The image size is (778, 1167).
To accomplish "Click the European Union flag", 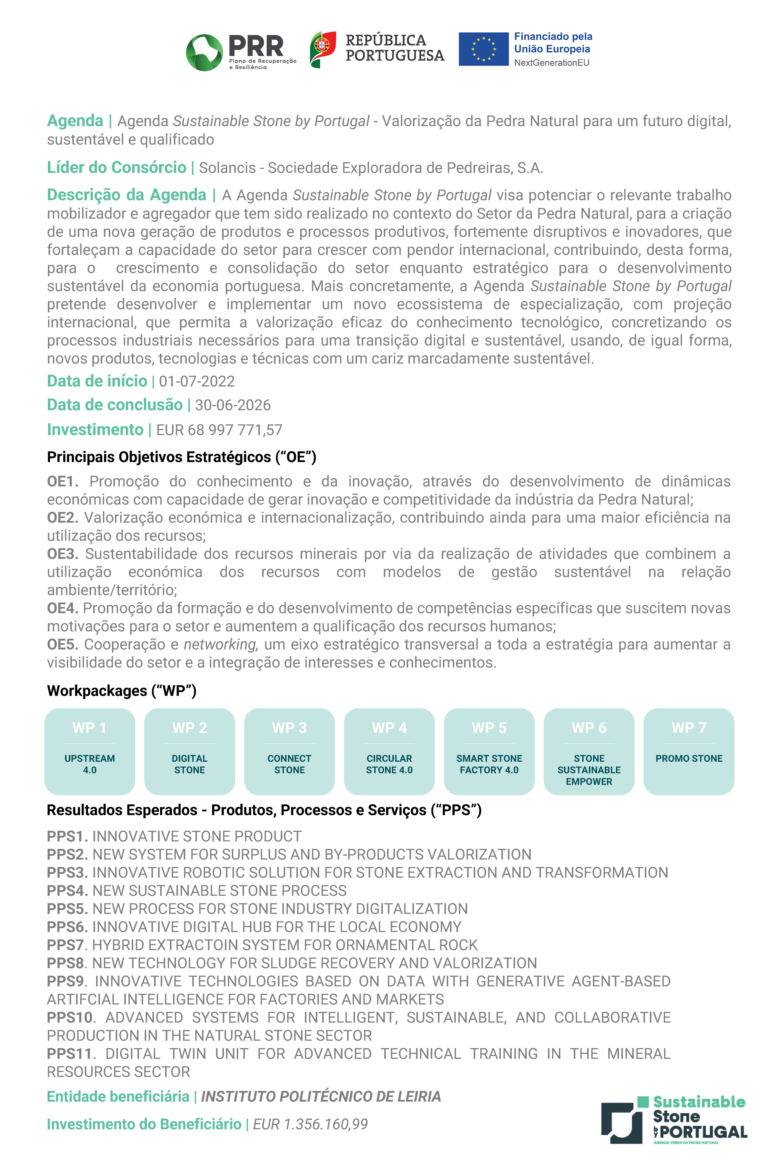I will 483,49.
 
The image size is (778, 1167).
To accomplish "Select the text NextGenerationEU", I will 551,63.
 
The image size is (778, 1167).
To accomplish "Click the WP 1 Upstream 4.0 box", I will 90,751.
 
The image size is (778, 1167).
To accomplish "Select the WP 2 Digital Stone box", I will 190,751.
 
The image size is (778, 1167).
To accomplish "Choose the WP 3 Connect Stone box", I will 289,751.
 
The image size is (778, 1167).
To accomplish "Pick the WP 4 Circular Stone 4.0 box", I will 390,751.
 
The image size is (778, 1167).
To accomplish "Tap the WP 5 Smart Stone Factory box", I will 489,751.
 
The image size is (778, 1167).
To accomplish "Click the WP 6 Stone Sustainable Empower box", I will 589,751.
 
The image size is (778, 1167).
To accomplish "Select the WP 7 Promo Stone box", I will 689,751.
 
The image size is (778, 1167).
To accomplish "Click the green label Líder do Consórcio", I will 117,168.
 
